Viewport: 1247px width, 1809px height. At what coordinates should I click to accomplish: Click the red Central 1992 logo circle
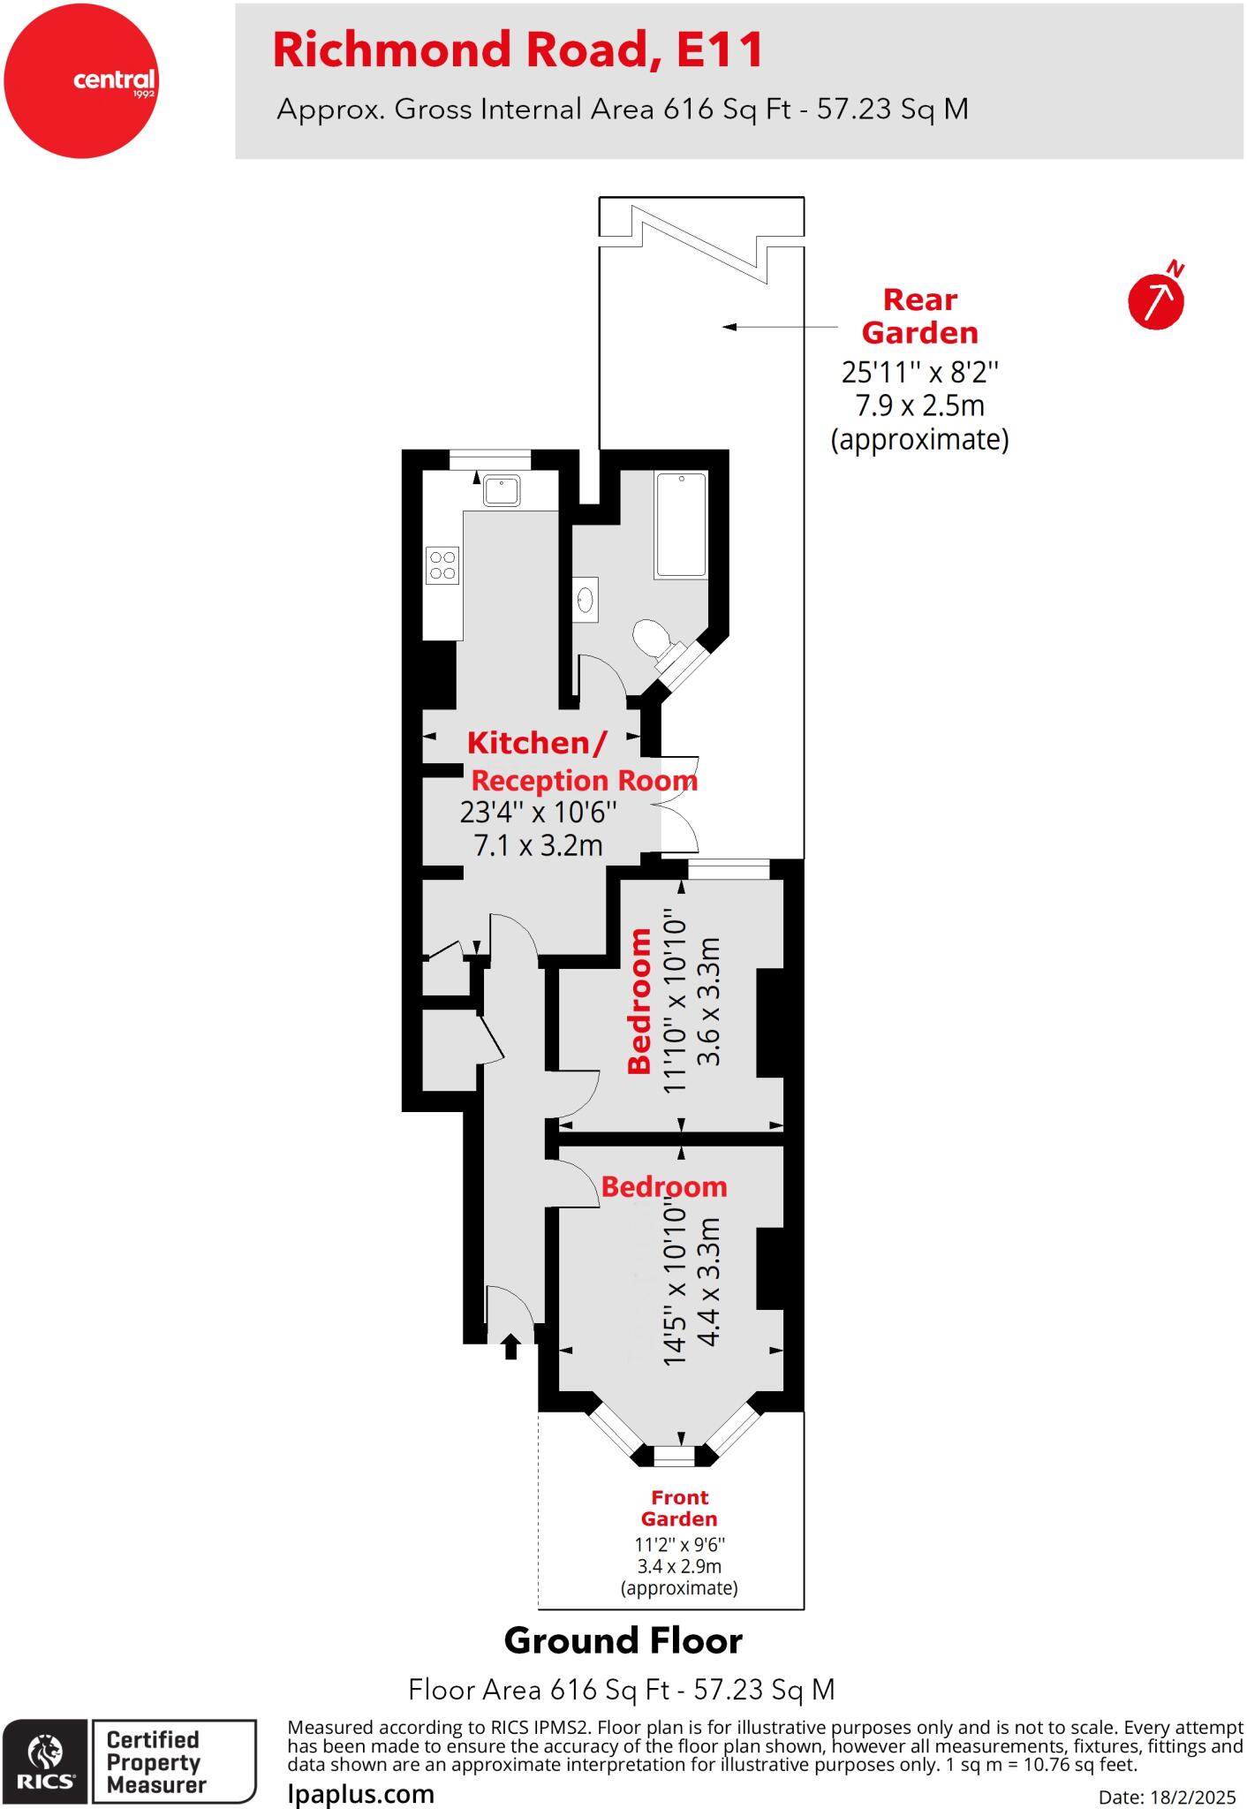tap(80, 80)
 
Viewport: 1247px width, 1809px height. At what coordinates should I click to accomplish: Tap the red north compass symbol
tap(1157, 297)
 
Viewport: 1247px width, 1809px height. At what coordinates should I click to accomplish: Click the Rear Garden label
tap(920, 316)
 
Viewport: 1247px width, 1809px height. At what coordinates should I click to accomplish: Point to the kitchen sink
tap(502, 489)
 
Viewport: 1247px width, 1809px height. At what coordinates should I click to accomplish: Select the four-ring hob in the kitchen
tap(442, 565)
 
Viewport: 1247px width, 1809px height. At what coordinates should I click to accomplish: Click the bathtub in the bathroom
tap(680, 525)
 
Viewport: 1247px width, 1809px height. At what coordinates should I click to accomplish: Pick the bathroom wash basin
tap(585, 600)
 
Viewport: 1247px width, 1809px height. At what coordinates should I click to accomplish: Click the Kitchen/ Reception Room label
tap(583, 761)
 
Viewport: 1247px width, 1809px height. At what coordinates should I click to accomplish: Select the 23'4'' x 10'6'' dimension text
tap(538, 811)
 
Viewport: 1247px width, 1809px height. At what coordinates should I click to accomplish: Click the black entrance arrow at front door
tap(510, 1346)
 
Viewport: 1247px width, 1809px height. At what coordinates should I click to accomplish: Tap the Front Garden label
tap(679, 1508)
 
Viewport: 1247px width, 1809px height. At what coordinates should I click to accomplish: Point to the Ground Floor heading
tap(623, 1641)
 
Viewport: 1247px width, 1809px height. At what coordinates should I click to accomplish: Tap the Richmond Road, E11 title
tap(518, 49)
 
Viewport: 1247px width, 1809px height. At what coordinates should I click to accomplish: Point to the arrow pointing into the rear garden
tap(780, 327)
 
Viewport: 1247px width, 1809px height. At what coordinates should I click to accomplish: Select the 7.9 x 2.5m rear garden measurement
tap(919, 405)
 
